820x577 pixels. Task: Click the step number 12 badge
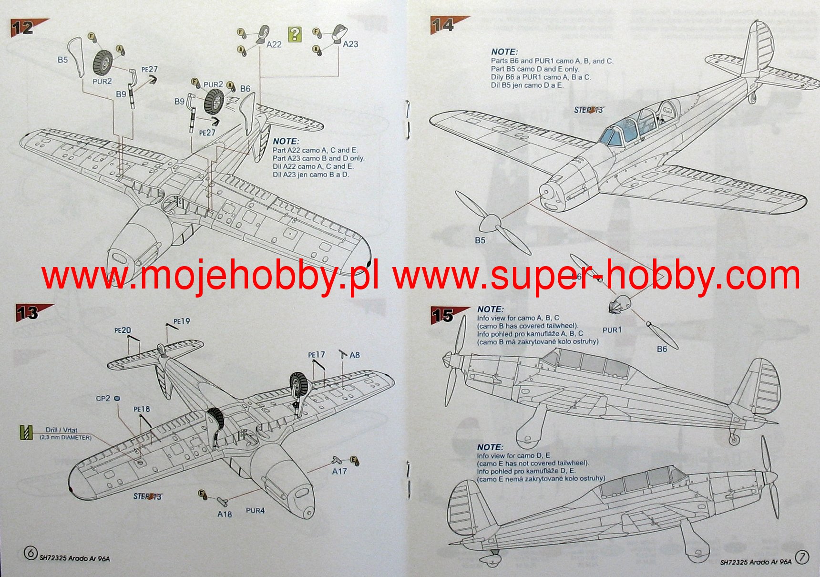coord(23,28)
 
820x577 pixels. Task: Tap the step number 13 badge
coord(28,313)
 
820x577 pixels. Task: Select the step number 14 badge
coord(443,25)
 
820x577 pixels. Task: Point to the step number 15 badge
coord(443,315)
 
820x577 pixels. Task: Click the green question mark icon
coord(295,34)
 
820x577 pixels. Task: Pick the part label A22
coord(274,44)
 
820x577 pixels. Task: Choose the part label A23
coord(350,44)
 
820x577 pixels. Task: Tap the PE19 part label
coord(182,321)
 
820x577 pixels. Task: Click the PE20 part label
coord(123,330)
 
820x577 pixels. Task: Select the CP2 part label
coord(103,398)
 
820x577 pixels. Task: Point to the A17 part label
coord(339,471)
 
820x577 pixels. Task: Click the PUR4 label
coord(255,511)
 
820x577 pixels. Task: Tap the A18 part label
coord(225,514)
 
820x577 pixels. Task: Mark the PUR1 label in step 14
coord(612,330)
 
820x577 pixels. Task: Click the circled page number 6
coord(31,553)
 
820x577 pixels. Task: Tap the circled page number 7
coord(802,557)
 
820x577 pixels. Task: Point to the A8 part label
coord(355,355)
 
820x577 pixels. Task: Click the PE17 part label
coord(317,355)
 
